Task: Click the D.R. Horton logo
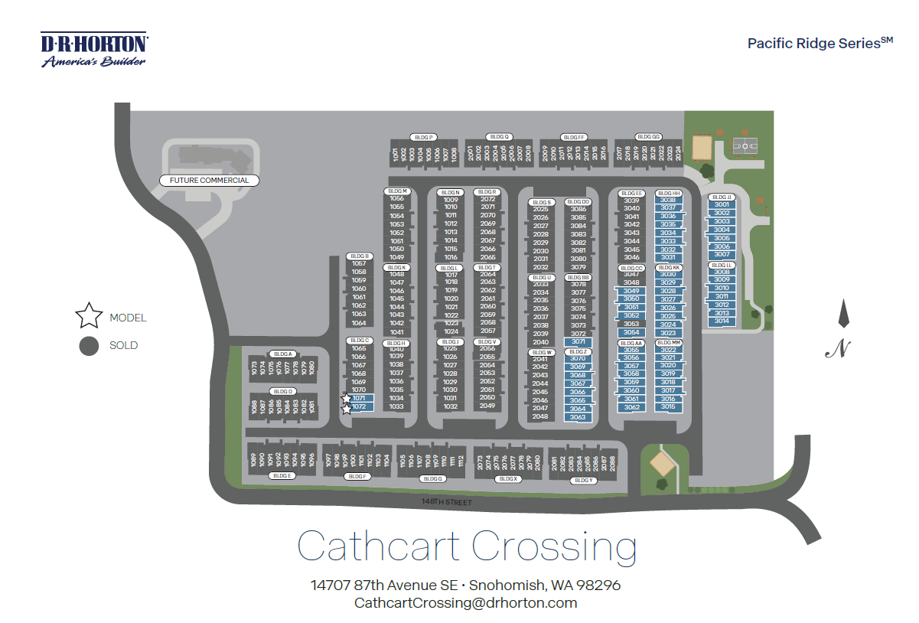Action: pyautogui.click(x=94, y=50)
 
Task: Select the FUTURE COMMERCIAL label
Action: pyautogui.click(x=209, y=181)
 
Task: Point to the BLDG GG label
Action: pyautogui.click(x=648, y=137)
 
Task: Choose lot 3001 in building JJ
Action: pyautogui.click(x=722, y=205)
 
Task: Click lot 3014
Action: pyautogui.click(x=722, y=321)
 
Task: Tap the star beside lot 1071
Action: pyautogui.click(x=347, y=398)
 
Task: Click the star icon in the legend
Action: pyautogui.click(x=89, y=316)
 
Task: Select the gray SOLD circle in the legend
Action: pyautogui.click(x=89, y=345)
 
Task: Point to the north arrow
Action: pyautogui.click(x=843, y=314)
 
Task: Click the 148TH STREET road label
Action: pyautogui.click(x=447, y=502)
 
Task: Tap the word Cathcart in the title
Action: pyautogui.click(x=379, y=546)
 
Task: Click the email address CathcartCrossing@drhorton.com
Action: pyautogui.click(x=465, y=603)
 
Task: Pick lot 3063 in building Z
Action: pyautogui.click(x=578, y=417)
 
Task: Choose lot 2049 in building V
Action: pyautogui.click(x=487, y=406)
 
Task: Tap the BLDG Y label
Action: pyautogui.click(x=582, y=480)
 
